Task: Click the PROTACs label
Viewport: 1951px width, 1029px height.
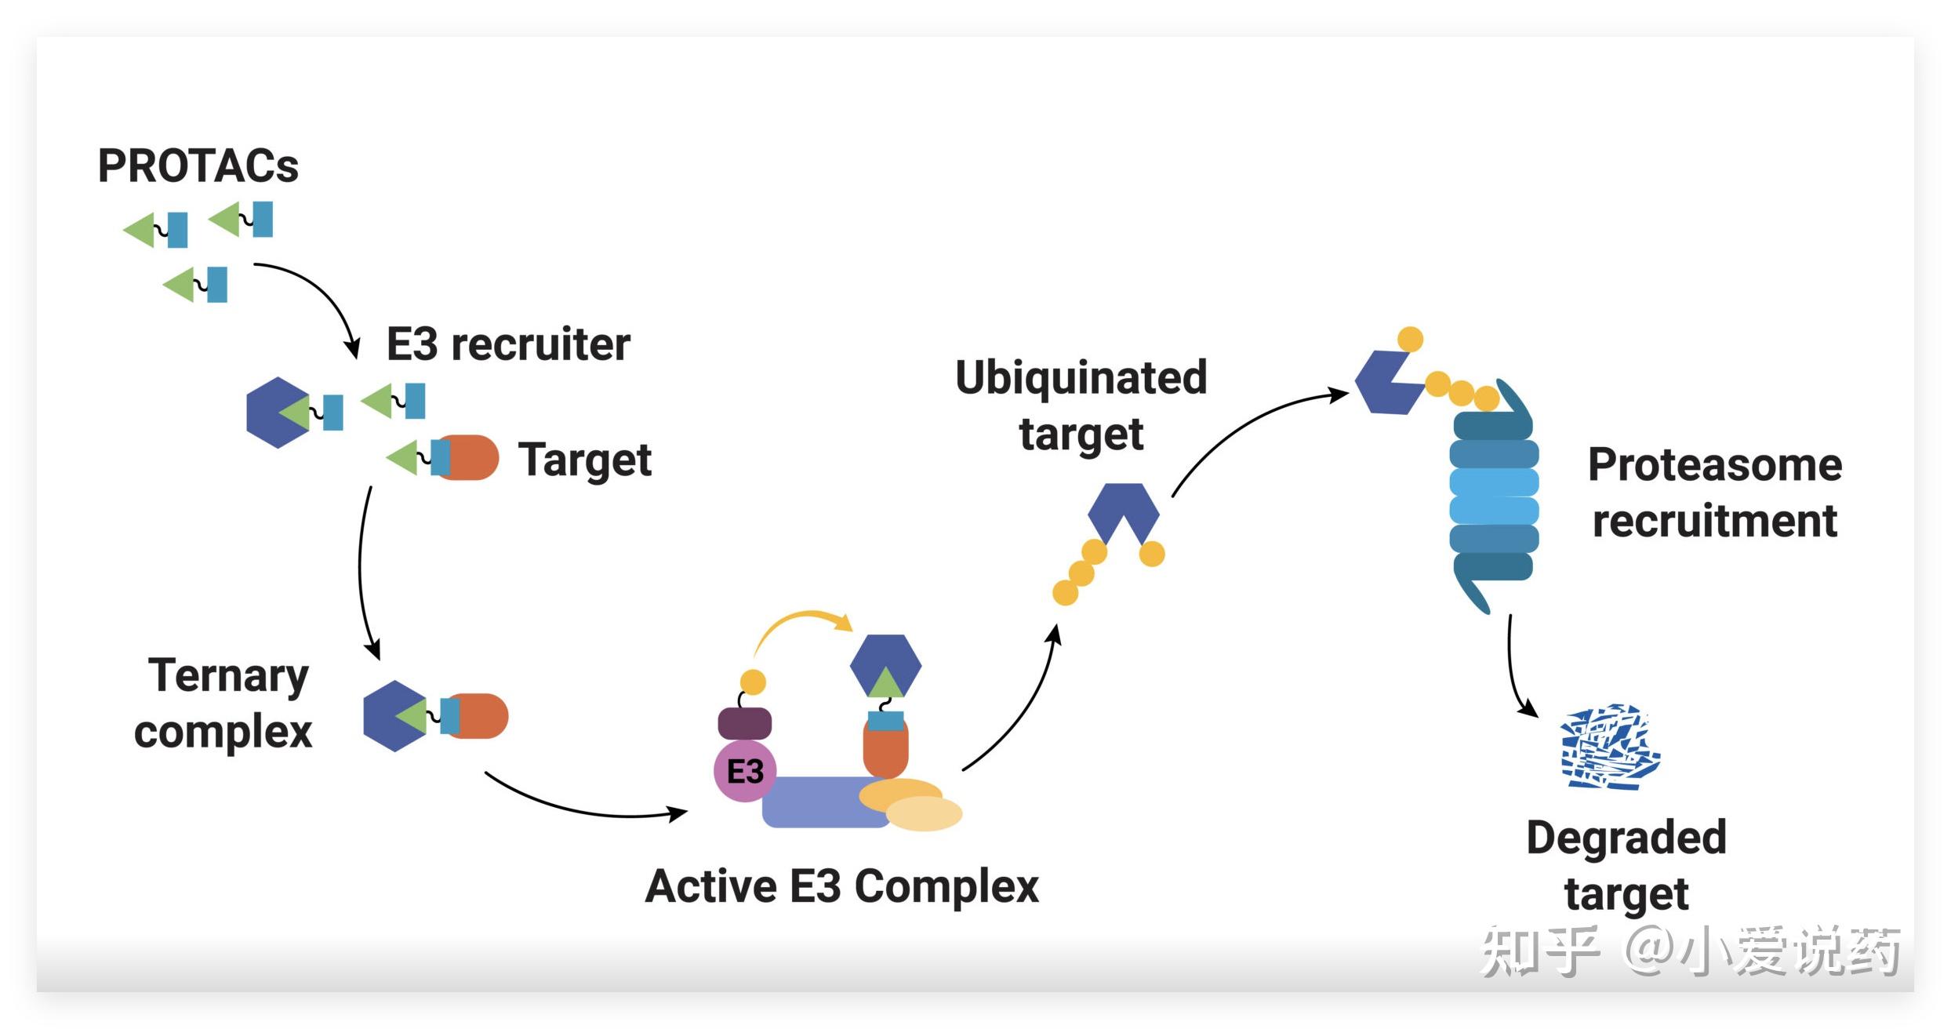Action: coord(198,166)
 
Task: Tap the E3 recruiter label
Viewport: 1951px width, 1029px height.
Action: coord(508,344)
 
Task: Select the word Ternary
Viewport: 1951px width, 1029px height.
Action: coord(228,676)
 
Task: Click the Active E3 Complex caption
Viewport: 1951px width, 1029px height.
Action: coord(841,887)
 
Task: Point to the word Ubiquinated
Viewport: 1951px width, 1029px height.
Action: coord(1081,378)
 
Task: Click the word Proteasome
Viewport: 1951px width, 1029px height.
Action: coord(1714,465)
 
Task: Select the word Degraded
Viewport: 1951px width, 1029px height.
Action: coord(1626,838)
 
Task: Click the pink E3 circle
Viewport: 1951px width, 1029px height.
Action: coord(744,771)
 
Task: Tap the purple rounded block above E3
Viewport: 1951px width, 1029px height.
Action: coord(744,723)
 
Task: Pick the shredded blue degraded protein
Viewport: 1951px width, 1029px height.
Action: coord(1610,747)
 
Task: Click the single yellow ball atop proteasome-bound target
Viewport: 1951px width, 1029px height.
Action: coord(1410,339)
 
